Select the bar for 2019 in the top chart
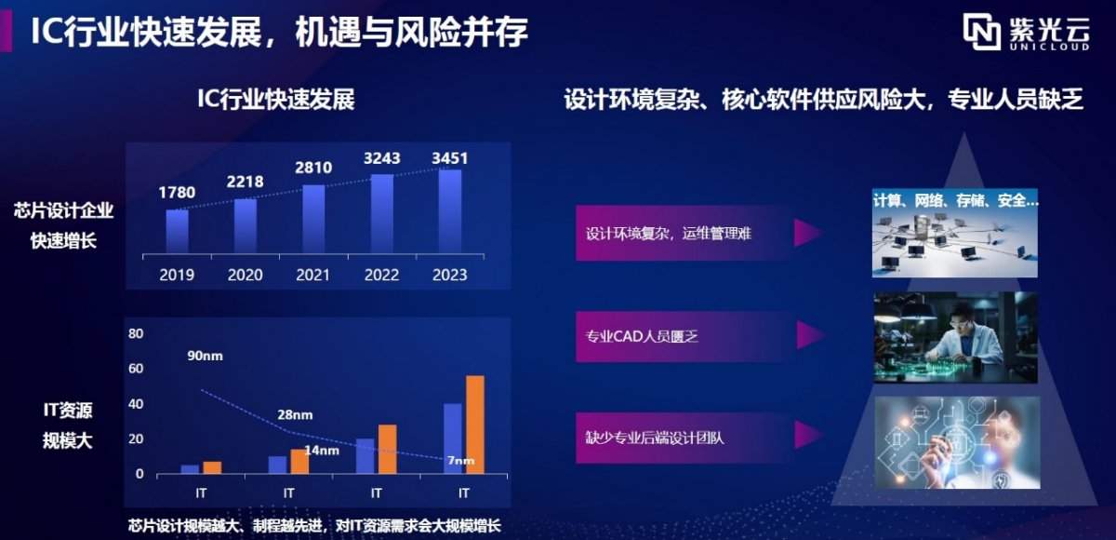pos(177,231)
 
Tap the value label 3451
pos(450,158)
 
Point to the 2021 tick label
pos(313,275)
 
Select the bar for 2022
pos(381,214)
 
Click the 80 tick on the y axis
pos(136,333)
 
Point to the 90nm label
pos(205,356)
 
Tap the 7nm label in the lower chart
pos(460,460)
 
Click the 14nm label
pos(322,451)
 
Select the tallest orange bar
pos(474,425)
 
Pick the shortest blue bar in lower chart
pos(190,469)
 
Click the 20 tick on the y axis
pos(136,439)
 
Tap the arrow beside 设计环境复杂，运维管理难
pos(806,233)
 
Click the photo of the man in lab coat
pos(955,336)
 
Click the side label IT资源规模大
pos(68,425)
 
